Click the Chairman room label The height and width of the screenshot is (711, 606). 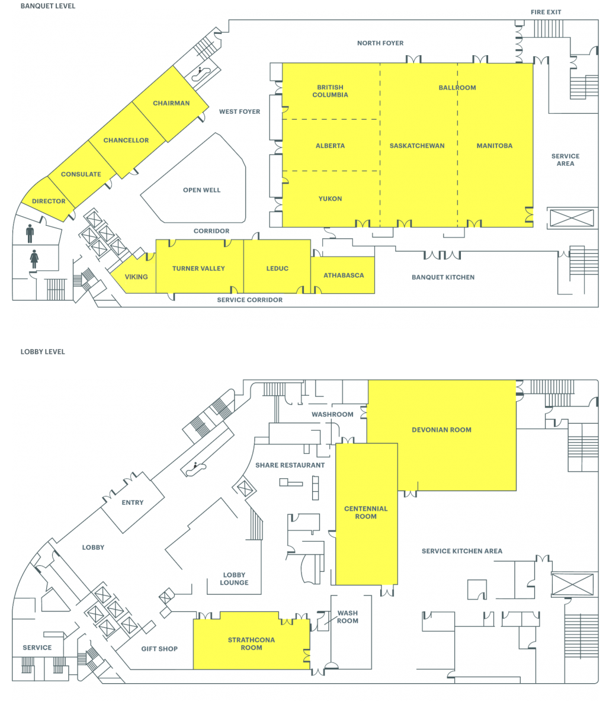(x=171, y=103)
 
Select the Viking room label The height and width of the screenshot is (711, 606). (x=136, y=277)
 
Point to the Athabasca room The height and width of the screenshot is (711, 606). (x=343, y=275)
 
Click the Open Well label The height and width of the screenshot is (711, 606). (x=201, y=190)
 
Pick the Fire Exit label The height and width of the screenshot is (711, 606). (x=546, y=12)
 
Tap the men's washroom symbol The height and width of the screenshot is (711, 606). (x=30, y=233)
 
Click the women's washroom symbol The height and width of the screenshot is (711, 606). (x=34, y=259)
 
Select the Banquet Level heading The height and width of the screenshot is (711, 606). (x=48, y=6)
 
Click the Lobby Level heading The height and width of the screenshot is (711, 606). (x=43, y=351)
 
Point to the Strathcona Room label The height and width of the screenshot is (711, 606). (x=251, y=643)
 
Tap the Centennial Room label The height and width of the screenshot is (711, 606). (x=366, y=512)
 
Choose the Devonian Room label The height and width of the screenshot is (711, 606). (x=441, y=430)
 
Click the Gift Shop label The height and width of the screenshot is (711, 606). (x=159, y=649)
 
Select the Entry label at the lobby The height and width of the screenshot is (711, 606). (x=133, y=502)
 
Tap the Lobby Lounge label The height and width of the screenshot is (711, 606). (x=234, y=578)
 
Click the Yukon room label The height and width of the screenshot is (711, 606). (x=330, y=198)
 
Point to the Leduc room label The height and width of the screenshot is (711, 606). (x=277, y=268)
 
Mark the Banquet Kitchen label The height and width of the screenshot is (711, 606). (x=443, y=277)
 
